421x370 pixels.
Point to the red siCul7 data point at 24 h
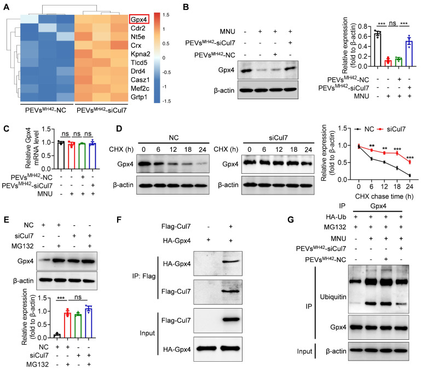pyautogui.click(x=408, y=162)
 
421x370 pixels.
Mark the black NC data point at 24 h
pyautogui.click(x=408, y=175)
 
